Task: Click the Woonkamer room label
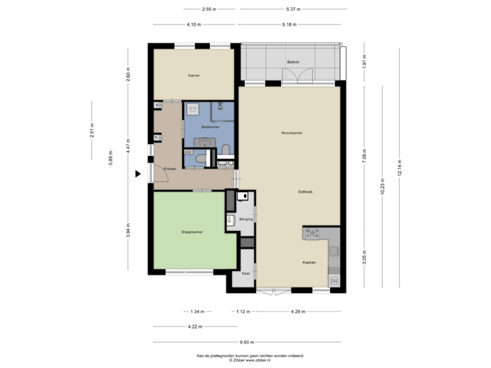pos(291,133)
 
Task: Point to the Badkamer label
pos(209,127)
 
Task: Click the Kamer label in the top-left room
pos(194,75)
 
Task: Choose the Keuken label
pos(310,262)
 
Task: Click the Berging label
pos(246,219)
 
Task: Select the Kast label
pos(246,273)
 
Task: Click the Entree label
pos(169,168)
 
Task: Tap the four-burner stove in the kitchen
pos(313,234)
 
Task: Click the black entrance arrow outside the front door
pos(138,174)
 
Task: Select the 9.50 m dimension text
pos(247,342)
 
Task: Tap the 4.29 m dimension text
pos(298,311)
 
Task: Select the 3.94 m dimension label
pos(128,231)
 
